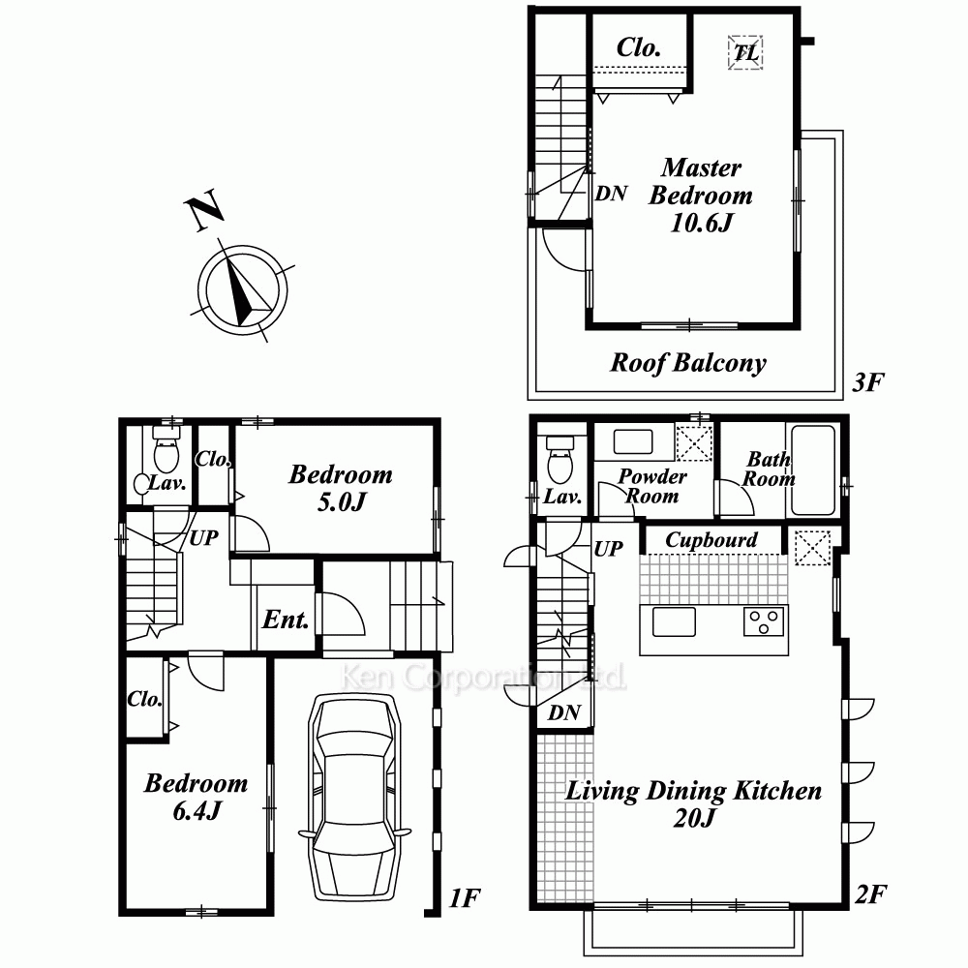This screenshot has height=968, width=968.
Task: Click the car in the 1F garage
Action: click(x=354, y=797)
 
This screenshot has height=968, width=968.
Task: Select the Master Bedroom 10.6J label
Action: click(x=701, y=196)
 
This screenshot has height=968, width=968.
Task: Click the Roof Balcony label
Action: click(x=688, y=363)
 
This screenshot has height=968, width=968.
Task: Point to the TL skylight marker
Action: click(x=745, y=52)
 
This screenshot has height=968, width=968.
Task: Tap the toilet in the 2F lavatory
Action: click(x=560, y=459)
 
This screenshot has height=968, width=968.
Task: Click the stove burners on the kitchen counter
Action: click(x=765, y=621)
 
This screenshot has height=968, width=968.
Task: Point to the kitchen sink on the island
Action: click(x=674, y=621)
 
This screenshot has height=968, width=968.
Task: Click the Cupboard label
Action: click(x=711, y=540)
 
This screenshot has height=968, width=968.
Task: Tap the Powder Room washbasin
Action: click(x=633, y=442)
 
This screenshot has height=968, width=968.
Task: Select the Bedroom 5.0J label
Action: click(x=341, y=488)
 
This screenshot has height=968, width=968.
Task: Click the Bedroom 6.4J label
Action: click(x=197, y=797)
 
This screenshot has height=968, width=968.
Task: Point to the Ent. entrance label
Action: click(x=286, y=620)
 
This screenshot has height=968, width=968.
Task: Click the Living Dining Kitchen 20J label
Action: click(x=693, y=803)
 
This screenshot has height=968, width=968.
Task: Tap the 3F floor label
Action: click(x=868, y=382)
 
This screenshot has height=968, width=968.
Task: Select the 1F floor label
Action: click(x=465, y=898)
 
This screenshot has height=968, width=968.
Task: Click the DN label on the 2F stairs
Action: click(x=563, y=713)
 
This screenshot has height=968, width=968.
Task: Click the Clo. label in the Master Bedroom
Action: click(x=639, y=46)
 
